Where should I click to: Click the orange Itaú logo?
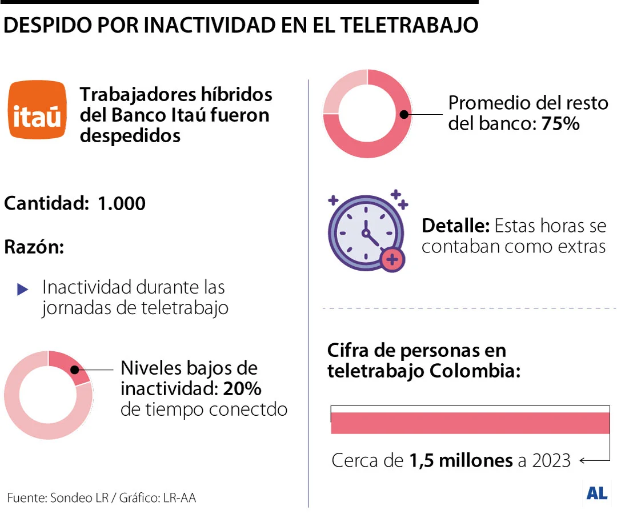coord(37,110)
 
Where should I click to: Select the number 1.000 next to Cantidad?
coord(122,203)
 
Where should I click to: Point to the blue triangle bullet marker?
coord(22,290)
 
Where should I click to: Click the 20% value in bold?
coord(242,389)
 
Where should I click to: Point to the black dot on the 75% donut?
coord(404,115)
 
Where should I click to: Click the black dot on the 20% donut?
coord(74,370)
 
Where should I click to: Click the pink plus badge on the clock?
coord(392,260)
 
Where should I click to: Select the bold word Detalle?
coord(455,226)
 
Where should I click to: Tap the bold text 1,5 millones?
coord(461,460)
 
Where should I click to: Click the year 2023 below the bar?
coord(551,460)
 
